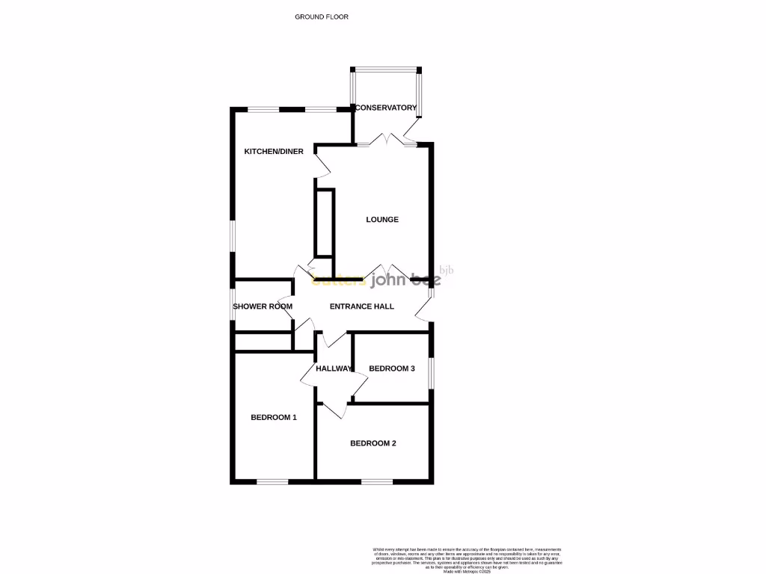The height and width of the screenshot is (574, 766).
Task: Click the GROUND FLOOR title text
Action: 322,16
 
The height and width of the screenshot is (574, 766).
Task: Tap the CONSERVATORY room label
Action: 385,108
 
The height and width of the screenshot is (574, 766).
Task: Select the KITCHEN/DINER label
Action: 274,152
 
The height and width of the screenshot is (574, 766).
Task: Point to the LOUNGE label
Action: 382,220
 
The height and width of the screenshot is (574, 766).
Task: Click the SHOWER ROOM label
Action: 262,306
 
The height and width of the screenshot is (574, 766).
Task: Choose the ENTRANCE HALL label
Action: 361,306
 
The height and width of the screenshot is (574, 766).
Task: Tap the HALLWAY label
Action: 334,368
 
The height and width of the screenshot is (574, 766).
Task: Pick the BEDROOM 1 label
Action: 273,417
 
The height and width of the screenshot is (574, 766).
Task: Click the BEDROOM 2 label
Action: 373,443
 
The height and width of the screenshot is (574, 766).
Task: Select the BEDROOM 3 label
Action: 392,368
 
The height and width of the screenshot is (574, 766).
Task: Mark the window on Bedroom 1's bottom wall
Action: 272,481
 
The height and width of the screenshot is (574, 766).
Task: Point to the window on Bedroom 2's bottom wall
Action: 377,481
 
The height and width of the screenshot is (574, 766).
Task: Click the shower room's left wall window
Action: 233,306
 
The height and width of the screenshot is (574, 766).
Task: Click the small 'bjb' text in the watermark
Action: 447,271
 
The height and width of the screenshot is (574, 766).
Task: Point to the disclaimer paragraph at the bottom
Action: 466,558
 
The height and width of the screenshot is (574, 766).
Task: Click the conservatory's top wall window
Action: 387,70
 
